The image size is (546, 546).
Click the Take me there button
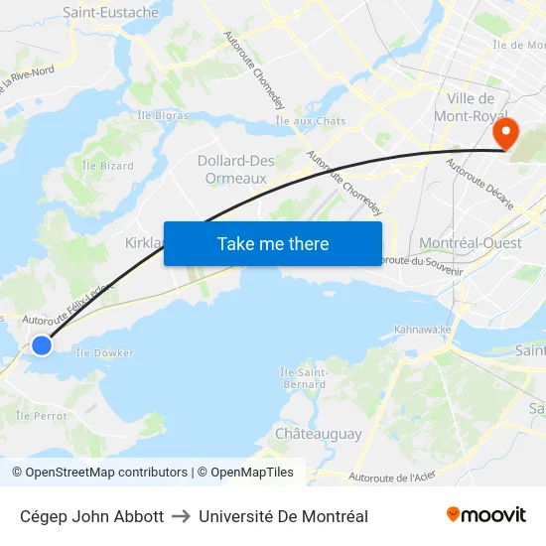(x=273, y=243)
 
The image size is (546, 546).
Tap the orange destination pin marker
(x=506, y=134)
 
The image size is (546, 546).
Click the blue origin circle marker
(x=42, y=345)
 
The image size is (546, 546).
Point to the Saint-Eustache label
(x=110, y=13)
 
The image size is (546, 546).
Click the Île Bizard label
(x=108, y=166)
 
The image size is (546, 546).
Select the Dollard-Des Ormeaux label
(x=235, y=170)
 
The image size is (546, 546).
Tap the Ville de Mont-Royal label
(x=471, y=107)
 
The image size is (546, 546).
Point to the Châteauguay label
(x=318, y=434)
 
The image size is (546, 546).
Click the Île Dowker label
(x=104, y=352)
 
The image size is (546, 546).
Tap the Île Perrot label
(x=41, y=415)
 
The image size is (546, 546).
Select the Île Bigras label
(x=163, y=115)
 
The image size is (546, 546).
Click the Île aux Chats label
(x=311, y=121)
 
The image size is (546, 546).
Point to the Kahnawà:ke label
(x=422, y=330)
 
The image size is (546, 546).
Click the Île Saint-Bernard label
(x=304, y=378)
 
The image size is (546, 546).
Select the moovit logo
(x=486, y=514)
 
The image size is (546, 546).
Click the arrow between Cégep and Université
(x=181, y=516)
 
